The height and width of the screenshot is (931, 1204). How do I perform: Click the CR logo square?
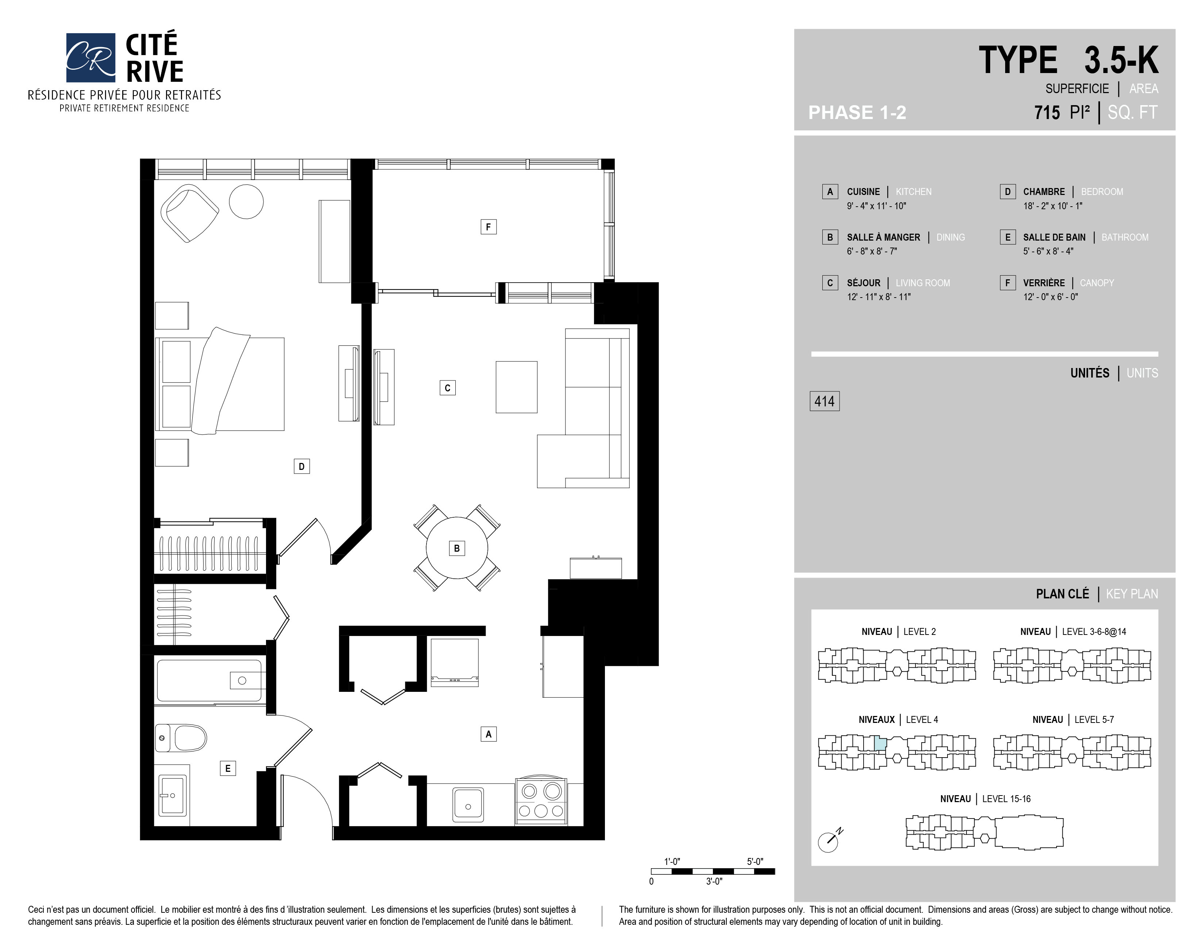point(90,57)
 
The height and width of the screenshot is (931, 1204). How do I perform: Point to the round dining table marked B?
point(457,548)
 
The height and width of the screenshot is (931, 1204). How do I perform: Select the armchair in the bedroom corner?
point(189,213)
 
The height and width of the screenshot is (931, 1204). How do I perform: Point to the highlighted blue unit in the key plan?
point(880,743)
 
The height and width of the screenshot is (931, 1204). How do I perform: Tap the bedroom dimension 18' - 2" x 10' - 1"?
point(1052,206)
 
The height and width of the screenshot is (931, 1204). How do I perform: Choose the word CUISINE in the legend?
point(863,191)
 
